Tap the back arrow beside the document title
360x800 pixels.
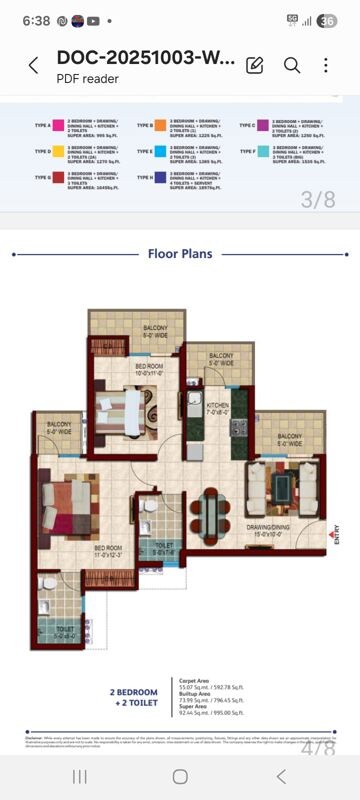33,66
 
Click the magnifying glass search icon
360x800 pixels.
292,65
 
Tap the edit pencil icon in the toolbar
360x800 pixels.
255,65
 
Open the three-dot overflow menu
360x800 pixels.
326,65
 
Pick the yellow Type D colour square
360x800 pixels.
58,153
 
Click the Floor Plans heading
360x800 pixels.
179,254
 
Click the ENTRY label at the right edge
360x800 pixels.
336,536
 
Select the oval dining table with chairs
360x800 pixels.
211,513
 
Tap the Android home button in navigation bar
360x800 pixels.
180,776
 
